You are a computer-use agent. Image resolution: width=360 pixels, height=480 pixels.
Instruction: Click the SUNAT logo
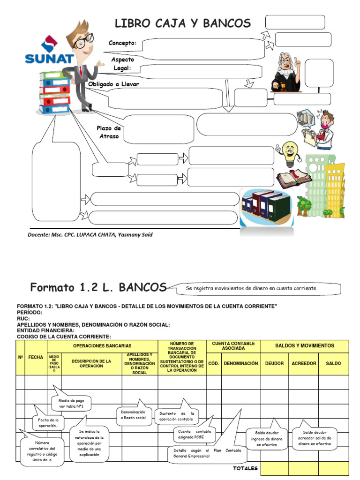click(49, 52)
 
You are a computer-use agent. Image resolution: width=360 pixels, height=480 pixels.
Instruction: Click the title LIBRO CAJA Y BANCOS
click(183, 23)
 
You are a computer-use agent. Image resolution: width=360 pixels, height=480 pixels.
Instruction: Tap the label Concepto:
click(123, 43)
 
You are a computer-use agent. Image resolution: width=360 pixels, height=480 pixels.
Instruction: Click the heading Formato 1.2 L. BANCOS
click(98, 287)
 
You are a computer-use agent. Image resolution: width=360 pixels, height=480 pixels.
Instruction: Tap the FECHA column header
click(36, 357)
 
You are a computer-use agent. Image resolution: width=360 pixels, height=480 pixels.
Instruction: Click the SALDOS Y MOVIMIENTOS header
click(305, 345)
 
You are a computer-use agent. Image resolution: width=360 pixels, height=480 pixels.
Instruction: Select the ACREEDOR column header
click(304, 363)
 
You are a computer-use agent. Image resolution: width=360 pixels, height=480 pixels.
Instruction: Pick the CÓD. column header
click(213, 363)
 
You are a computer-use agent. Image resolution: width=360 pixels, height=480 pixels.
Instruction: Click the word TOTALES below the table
click(245, 468)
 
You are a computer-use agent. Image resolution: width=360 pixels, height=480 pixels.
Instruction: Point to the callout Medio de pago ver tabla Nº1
click(71, 404)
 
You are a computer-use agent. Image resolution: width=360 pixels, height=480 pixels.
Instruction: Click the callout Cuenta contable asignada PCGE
click(195, 434)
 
